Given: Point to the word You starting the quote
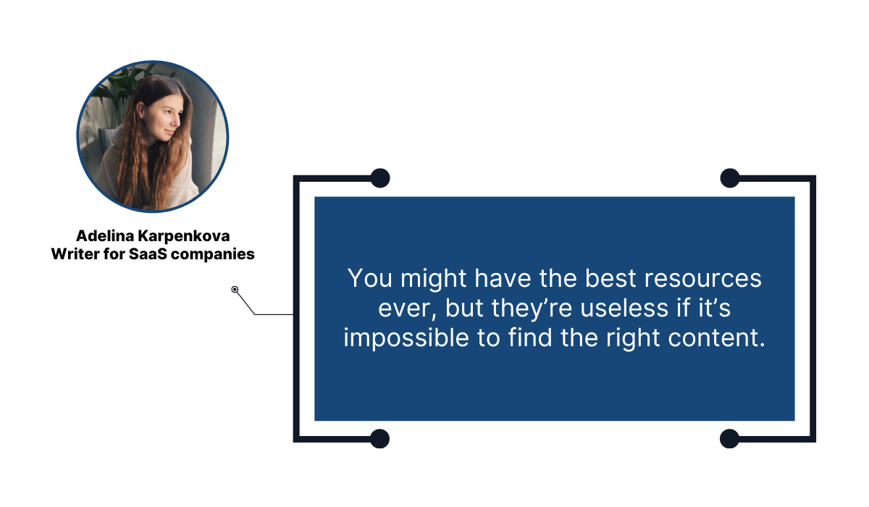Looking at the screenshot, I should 367,279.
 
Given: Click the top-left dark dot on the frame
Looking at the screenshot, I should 380,177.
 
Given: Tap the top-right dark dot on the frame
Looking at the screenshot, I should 729,177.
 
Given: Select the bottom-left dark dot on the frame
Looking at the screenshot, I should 380,438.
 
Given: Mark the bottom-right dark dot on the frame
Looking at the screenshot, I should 729,438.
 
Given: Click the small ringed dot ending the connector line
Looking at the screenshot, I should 235,290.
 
